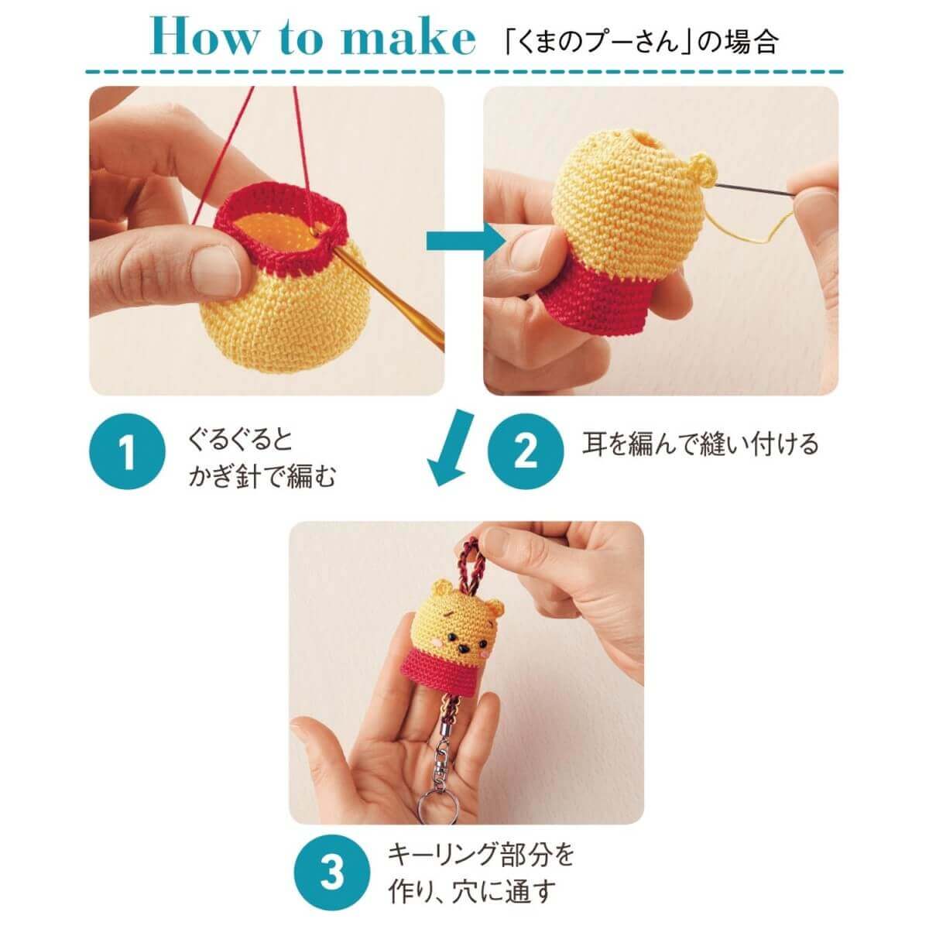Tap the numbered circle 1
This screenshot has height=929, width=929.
(x=127, y=451)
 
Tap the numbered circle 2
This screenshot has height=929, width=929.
(x=525, y=451)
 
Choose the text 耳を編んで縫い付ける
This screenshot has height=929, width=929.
(x=700, y=444)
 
